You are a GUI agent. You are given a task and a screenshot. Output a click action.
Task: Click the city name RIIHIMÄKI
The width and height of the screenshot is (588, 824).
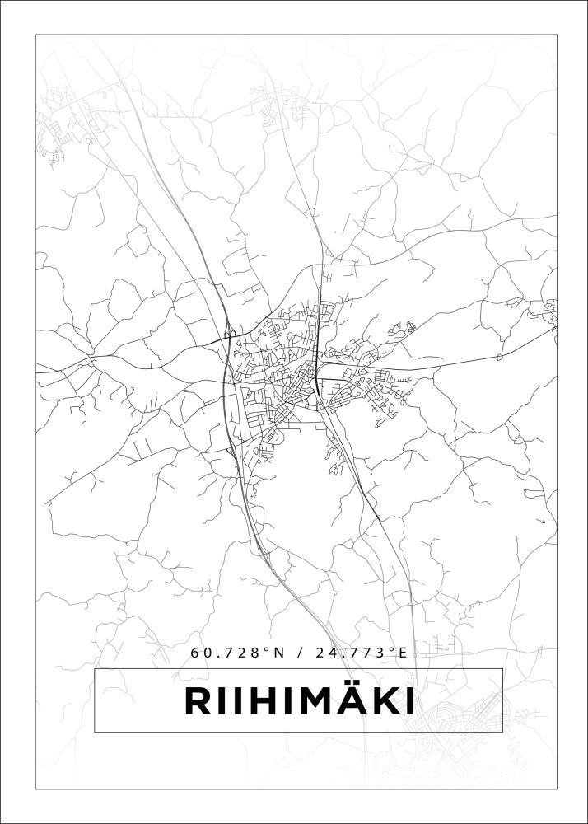click(x=298, y=702)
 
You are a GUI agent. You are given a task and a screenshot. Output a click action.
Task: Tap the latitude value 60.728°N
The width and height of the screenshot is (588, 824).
click(x=237, y=653)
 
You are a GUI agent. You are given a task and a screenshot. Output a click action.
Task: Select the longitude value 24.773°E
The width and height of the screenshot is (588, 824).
click(x=360, y=653)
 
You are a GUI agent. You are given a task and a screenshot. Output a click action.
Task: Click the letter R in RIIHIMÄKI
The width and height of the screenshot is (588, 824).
click(x=197, y=702)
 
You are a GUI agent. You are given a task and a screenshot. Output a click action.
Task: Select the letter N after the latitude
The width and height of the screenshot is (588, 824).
click(x=278, y=653)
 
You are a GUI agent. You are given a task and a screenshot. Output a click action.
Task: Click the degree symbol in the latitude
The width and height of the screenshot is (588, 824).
click(x=267, y=649)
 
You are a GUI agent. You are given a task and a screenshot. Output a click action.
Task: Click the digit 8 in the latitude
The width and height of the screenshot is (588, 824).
click(x=256, y=653)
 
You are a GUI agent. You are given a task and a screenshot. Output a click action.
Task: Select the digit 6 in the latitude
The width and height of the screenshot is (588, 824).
click(x=195, y=653)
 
